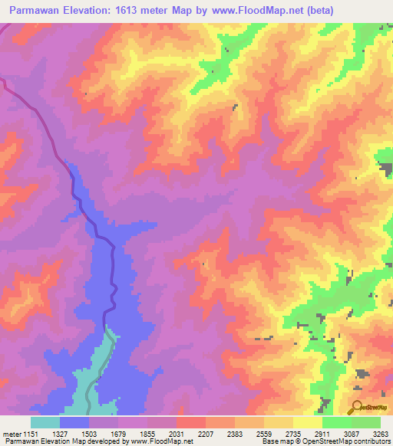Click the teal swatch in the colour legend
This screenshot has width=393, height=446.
point(45,423)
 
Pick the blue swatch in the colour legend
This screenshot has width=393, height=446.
point(74,423)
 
